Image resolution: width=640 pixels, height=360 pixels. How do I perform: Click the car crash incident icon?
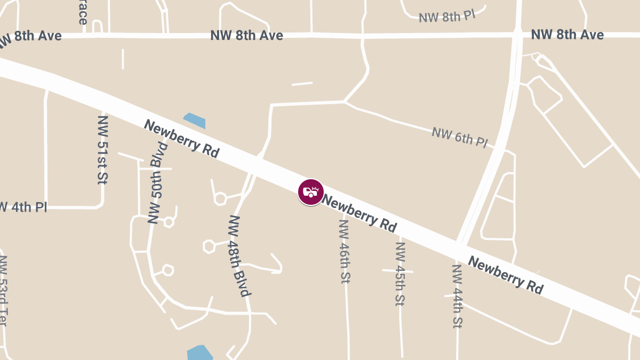pyautogui.click(x=310, y=192)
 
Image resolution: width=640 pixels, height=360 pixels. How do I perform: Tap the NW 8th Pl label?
pyautogui.click(x=446, y=16)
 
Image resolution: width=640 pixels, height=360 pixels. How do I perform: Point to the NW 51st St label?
pyautogui.click(x=102, y=150)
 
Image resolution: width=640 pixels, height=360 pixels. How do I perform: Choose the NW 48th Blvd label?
pyautogui.click(x=239, y=255)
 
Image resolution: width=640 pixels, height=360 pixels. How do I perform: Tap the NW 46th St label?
pyautogui.click(x=345, y=251)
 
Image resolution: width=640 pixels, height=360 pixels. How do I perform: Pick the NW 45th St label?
pyautogui.click(x=401, y=274)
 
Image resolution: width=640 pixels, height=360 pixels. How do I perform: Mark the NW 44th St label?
pyautogui.click(x=457, y=296)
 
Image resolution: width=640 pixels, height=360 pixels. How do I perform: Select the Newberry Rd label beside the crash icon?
pyautogui.click(x=360, y=213)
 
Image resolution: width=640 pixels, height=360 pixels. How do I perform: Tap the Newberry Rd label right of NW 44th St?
pyautogui.click(x=506, y=275)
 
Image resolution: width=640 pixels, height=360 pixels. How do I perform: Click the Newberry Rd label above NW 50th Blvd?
pyautogui.click(x=182, y=139)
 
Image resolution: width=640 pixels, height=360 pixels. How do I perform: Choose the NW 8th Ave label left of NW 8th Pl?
pyautogui.click(x=246, y=36)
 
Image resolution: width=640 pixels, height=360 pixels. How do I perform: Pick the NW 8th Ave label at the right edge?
pyautogui.click(x=567, y=35)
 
